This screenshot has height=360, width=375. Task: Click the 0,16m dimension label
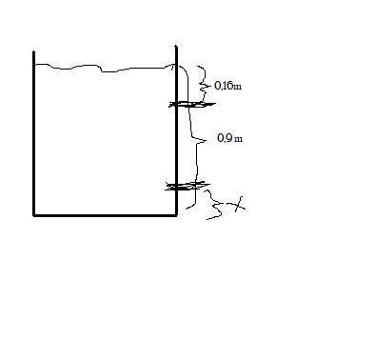pos(228,86)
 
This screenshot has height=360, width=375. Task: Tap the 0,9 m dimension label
pos(230,138)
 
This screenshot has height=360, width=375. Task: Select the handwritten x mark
pos(239,205)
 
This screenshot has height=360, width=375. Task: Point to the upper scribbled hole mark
pos(192,104)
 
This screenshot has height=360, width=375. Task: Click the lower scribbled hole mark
pos(187,186)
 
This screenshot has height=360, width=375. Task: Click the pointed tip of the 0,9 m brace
pos(207,140)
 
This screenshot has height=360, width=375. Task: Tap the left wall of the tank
pos(33,133)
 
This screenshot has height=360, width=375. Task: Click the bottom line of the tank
pos(105,215)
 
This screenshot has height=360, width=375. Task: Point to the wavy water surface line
pos(105,68)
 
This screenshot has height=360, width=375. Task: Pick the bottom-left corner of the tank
pos(33,215)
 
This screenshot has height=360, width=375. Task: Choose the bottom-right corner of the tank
pos(176,215)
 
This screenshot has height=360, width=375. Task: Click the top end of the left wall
pos(33,51)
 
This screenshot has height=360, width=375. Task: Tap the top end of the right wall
pos(176,47)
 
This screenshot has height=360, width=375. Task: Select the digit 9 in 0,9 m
pos(228,138)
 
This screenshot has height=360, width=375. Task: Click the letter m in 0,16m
pos(238,87)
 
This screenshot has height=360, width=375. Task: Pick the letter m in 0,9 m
pos(239,139)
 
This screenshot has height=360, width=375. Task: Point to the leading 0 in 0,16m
pos(218,86)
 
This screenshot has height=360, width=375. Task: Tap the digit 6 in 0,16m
pos(230,86)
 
